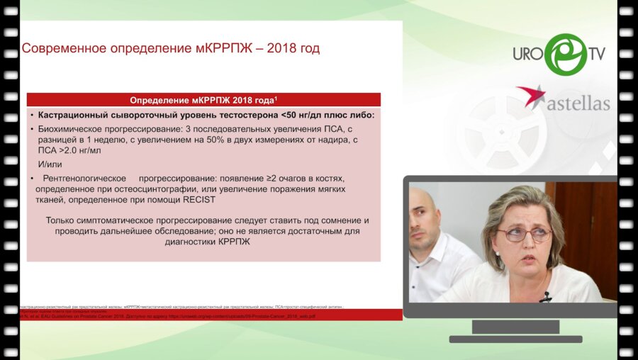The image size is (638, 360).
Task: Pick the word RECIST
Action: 198,201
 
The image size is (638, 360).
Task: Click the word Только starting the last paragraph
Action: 65,220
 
